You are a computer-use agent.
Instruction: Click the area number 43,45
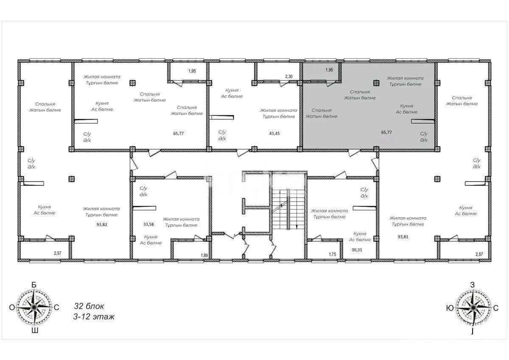pos(274,133)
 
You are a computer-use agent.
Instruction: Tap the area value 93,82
pos(101,224)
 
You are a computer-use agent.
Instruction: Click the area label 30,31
pos(358,250)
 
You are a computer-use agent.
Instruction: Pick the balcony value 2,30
pos(289,76)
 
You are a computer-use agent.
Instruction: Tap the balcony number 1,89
pos(204,255)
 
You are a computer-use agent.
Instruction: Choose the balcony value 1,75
pos(333,254)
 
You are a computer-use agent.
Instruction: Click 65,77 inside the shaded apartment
pos(386,132)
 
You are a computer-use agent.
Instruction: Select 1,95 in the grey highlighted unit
pos(329,70)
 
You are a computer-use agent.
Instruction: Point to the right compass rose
pos(472,307)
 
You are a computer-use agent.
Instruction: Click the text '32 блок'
pos(89,306)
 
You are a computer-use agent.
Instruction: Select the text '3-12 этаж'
pos(94,317)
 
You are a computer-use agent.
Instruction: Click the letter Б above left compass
pos(34,285)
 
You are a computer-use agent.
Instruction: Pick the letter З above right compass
pos(472,285)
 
